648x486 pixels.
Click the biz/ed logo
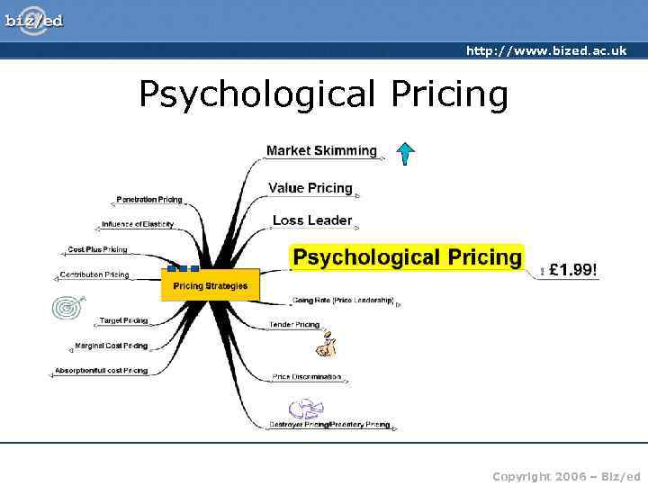[33, 19]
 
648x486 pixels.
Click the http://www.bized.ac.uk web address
[545, 50]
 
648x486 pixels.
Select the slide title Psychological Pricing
[323, 94]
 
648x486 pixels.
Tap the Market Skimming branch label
[321, 150]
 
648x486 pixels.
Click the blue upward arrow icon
[406, 154]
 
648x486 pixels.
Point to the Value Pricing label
[310, 188]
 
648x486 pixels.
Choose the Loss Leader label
[311, 220]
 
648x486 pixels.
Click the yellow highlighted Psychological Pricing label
[408, 257]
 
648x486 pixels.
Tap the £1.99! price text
[573, 268]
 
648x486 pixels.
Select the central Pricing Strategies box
[210, 286]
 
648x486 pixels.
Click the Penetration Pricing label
[148, 199]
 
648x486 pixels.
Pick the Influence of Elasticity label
[137, 224]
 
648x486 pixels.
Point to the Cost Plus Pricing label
[97, 249]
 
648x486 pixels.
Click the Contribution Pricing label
[94, 274]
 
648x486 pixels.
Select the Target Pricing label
[123, 320]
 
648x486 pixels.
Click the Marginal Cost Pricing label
[111, 346]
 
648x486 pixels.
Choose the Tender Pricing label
[294, 324]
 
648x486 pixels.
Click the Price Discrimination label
[307, 376]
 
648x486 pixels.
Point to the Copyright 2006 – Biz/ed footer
[566, 475]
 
